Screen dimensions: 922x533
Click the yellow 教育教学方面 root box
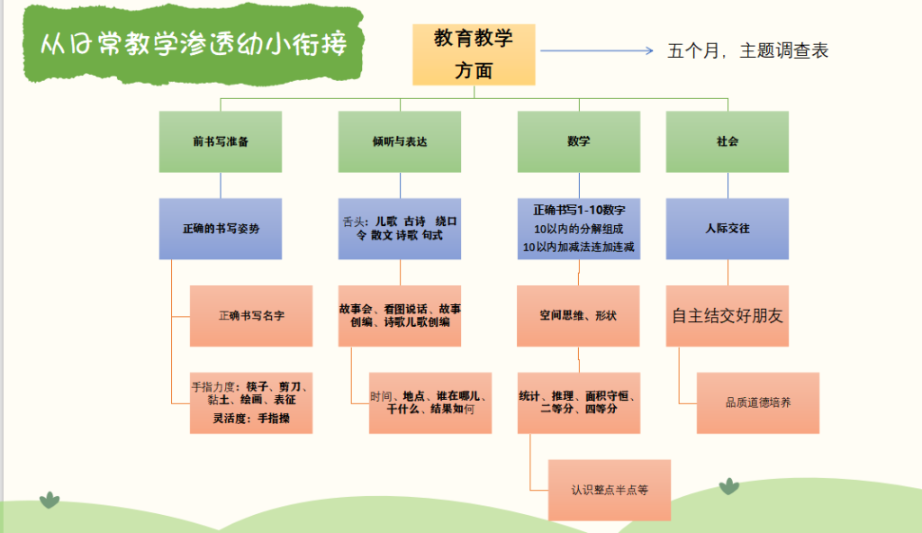(474, 55)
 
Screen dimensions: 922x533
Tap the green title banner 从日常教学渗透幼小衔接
(194, 43)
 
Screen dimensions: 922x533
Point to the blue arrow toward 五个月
(597, 50)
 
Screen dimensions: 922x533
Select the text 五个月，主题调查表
(747, 50)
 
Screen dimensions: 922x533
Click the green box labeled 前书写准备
(221, 141)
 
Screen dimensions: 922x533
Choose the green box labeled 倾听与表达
(400, 141)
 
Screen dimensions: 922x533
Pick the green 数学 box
(579, 141)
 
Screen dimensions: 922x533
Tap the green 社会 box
(728, 141)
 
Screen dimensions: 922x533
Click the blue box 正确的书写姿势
(221, 229)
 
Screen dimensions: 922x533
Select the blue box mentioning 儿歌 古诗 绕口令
(400, 229)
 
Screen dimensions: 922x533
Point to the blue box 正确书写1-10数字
(579, 229)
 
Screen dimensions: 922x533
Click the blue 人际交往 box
(728, 229)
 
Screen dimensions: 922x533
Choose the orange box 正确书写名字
(251, 316)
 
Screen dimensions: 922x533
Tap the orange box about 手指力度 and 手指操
(251, 403)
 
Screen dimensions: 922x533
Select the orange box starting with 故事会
(400, 316)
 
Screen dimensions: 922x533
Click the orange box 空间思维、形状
(578, 316)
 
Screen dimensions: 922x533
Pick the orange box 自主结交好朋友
(728, 316)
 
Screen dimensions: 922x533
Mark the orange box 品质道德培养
(758, 403)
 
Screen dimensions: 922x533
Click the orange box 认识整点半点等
(610, 490)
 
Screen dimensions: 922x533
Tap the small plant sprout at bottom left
(50, 500)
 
